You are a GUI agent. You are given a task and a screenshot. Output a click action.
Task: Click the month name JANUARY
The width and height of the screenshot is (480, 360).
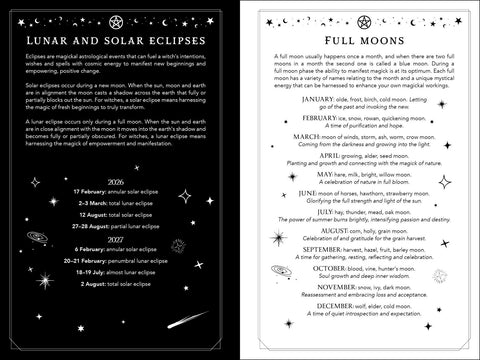click(x=308, y=100)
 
